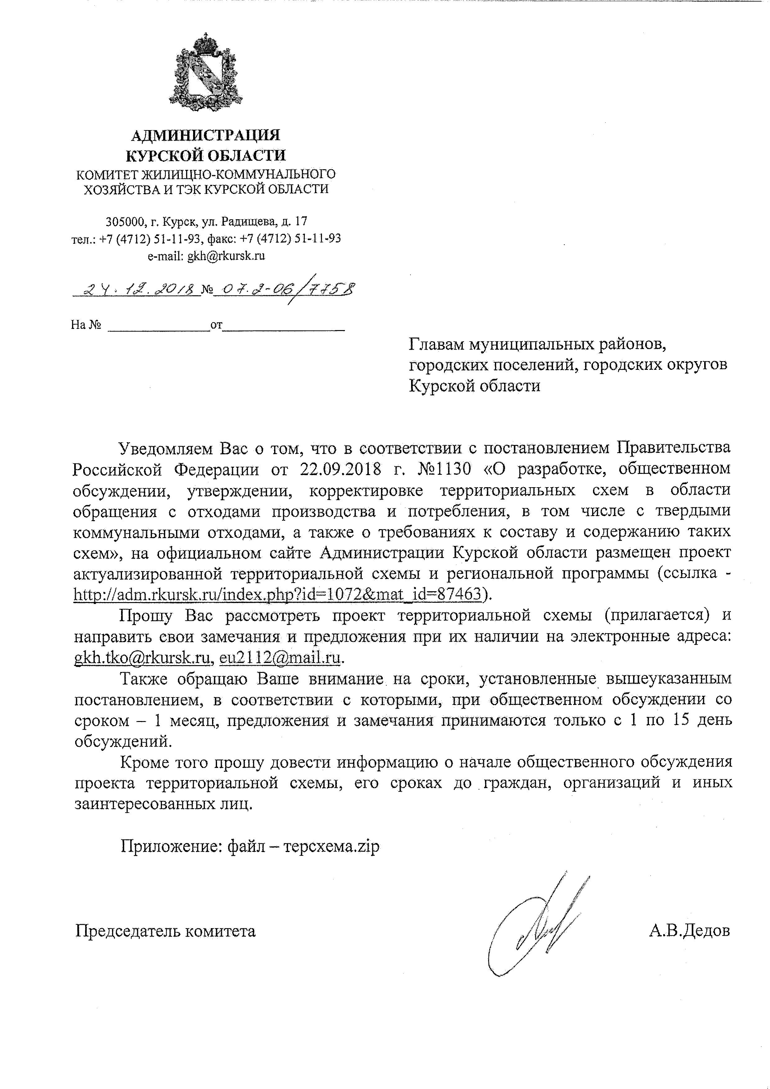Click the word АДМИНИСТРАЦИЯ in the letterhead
[x=205, y=136]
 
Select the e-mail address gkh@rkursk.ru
[x=226, y=256]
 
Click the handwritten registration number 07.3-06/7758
[x=284, y=288]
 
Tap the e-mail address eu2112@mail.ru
[x=280, y=658]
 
